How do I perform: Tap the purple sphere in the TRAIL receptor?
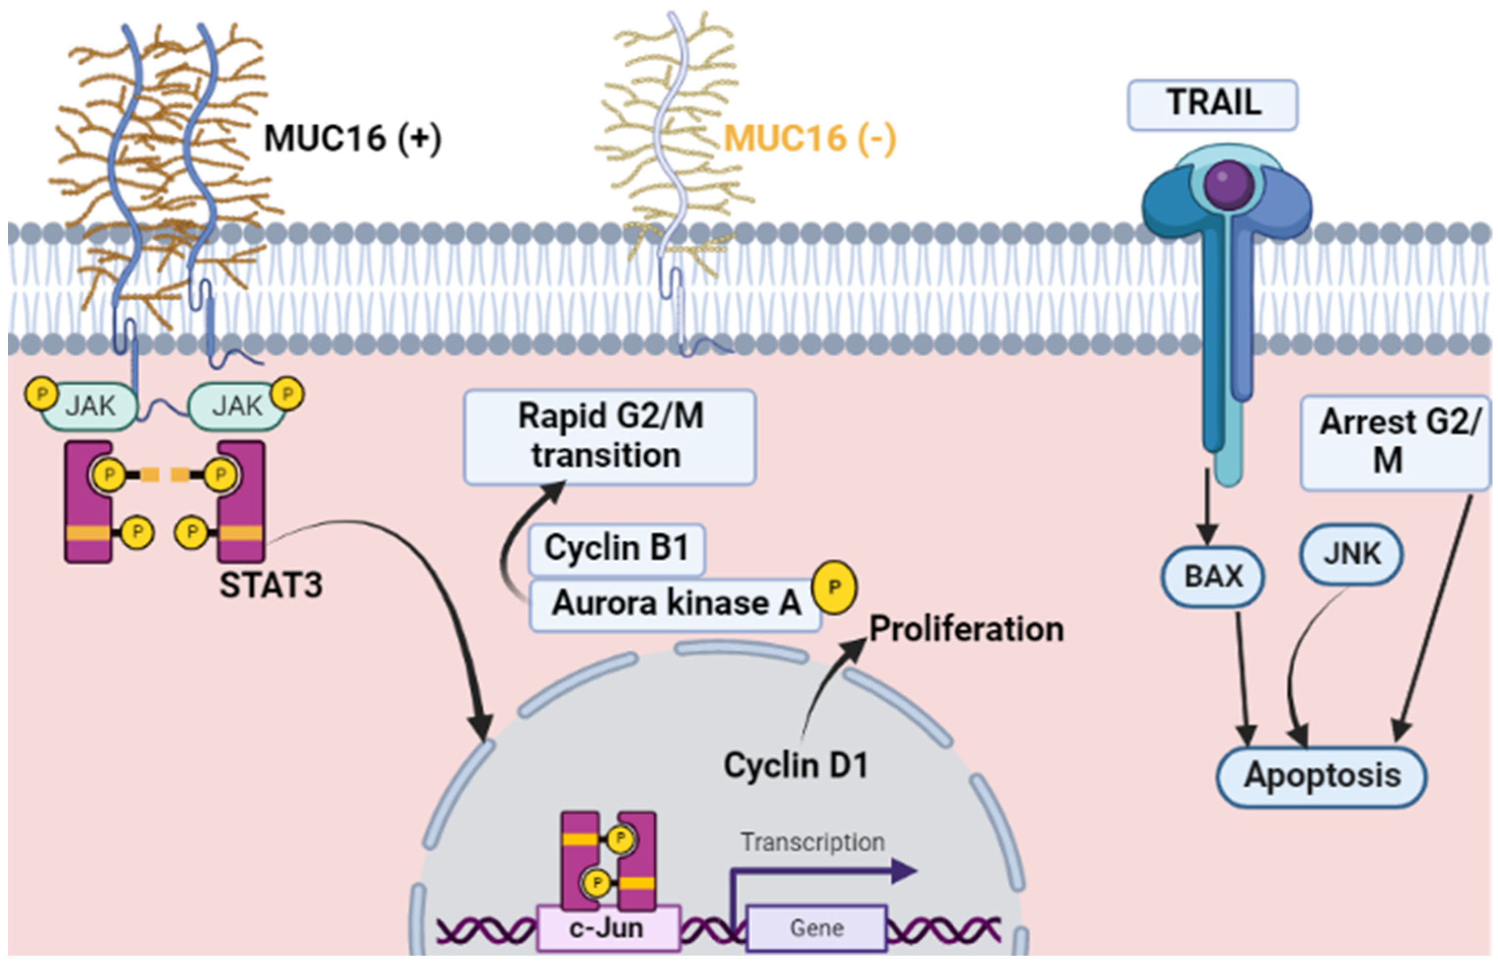click(1229, 185)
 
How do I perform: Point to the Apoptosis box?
click(1322, 776)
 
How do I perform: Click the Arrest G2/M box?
click(1396, 442)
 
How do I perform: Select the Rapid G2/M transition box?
click(609, 437)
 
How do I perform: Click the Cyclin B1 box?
click(616, 549)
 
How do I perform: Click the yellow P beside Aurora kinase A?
click(833, 587)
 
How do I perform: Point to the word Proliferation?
click(966, 629)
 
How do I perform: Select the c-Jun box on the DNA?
click(607, 928)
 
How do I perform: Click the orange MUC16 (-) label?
click(810, 138)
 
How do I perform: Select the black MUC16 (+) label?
click(352, 138)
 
